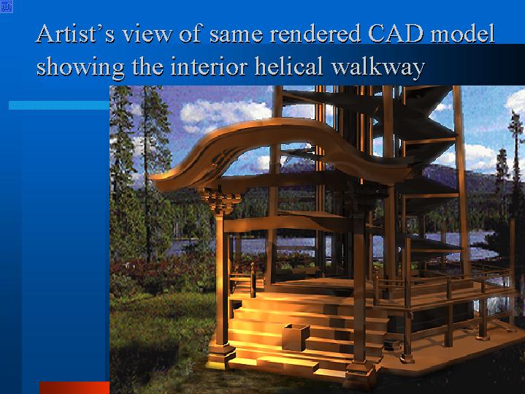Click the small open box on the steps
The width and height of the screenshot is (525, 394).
click(295, 337)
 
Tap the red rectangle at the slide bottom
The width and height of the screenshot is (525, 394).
click(74, 387)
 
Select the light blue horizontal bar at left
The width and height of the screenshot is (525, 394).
click(59, 105)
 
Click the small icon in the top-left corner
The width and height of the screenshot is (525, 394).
click(7, 7)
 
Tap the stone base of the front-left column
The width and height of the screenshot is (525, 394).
click(221, 356)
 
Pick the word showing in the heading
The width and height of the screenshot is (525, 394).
click(80, 67)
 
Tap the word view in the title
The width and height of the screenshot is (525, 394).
click(147, 34)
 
